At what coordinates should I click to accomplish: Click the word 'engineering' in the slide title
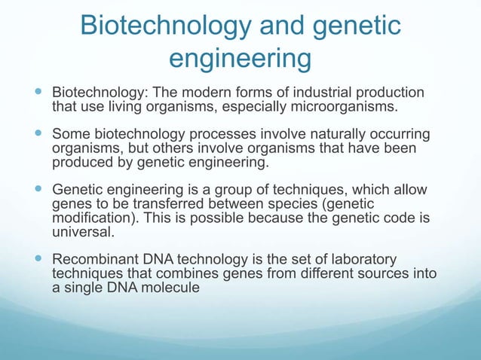240,59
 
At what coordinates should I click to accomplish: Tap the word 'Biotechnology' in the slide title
166,26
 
